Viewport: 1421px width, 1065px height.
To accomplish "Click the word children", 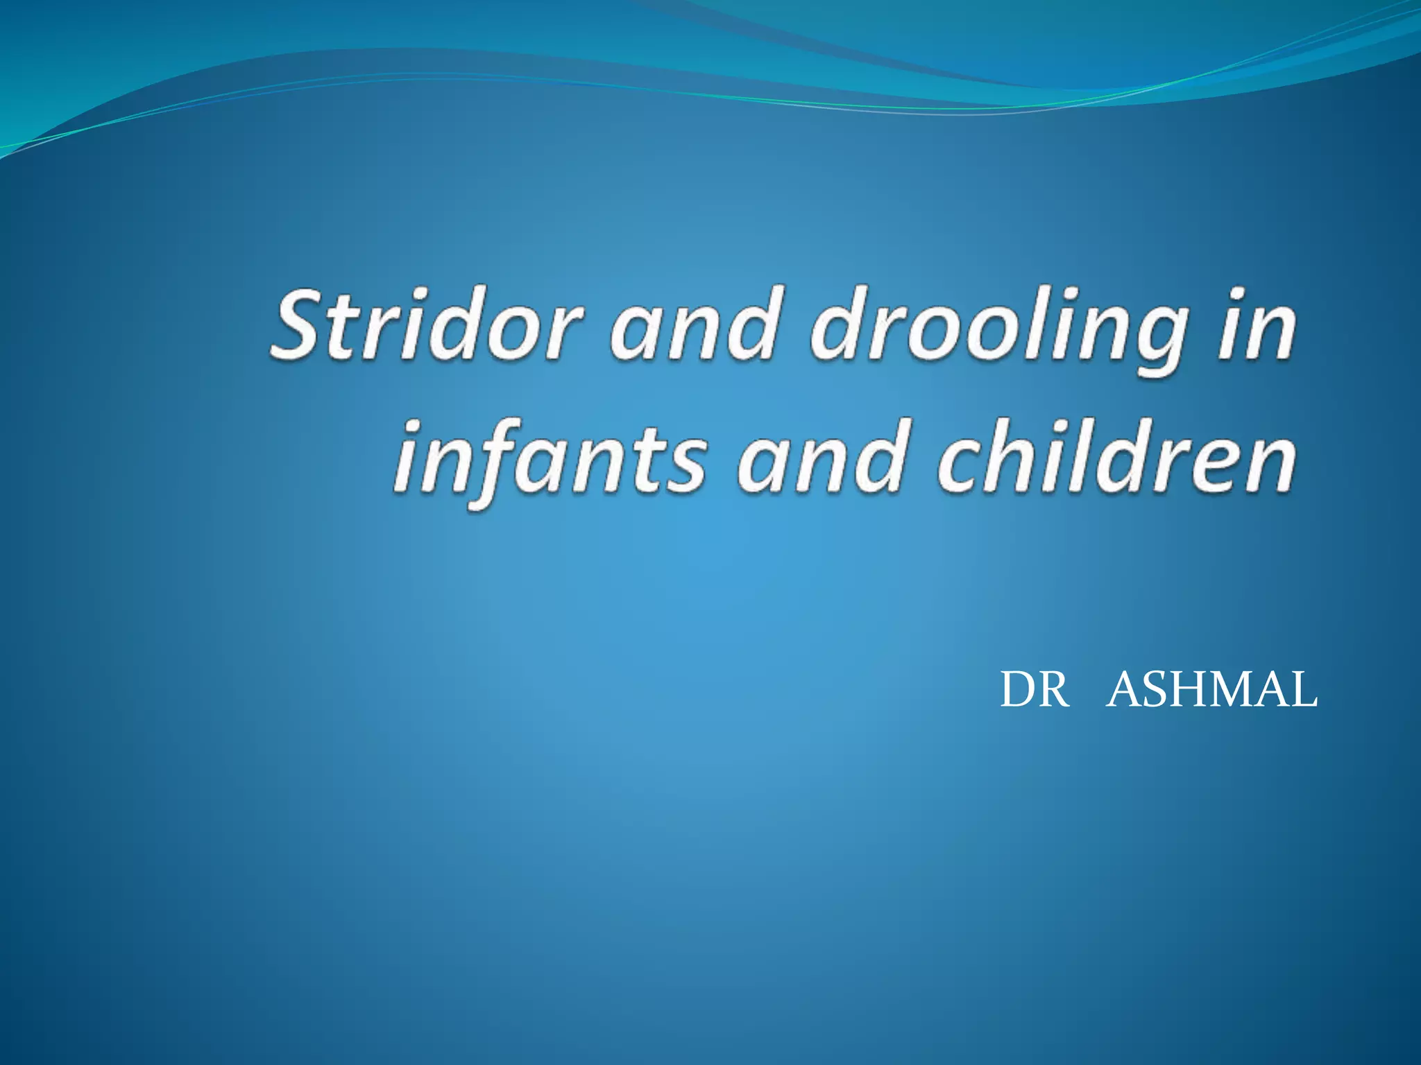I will (1114, 458).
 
